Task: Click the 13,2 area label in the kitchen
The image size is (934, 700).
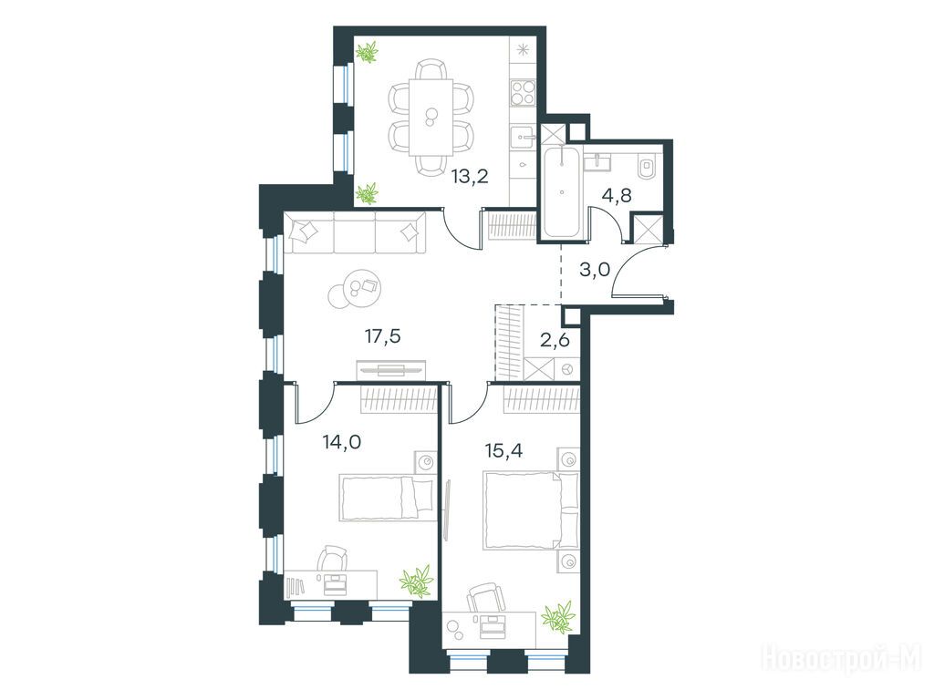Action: tap(470, 176)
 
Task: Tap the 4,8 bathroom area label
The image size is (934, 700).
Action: tap(617, 195)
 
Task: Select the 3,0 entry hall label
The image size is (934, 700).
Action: tap(595, 270)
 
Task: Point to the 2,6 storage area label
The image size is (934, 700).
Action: tap(555, 341)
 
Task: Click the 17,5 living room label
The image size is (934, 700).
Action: tap(382, 337)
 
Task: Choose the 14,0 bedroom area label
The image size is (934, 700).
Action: tap(340, 442)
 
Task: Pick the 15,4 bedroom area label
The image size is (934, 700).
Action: tap(503, 450)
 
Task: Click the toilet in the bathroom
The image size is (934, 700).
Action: tap(645, 167)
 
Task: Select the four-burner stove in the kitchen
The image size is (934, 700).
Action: tap(524, 94)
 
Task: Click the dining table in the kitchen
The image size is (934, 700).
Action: tap(431, 117)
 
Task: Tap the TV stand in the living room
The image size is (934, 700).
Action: tap(391, 369)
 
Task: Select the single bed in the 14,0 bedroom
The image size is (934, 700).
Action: tap(386, 498)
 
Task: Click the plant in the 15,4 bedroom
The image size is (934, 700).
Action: tap(559, 616)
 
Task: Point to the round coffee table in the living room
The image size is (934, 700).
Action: tap(356, 289)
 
